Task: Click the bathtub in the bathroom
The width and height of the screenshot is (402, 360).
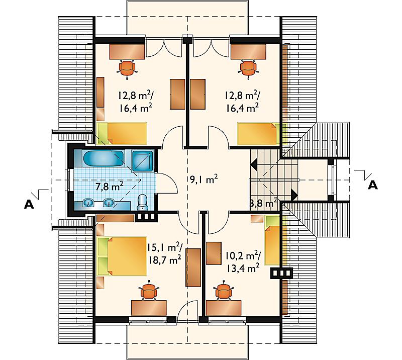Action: pos(104,158)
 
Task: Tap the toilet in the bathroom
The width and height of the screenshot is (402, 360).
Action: pos(143,202)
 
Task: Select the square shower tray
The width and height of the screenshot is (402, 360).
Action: pos(143,160)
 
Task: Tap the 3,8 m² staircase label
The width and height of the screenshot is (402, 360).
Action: pos(263,203)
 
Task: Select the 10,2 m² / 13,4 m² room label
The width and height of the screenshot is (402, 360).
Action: pos(243,261)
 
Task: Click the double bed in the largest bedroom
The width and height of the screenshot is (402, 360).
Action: pos(122,256)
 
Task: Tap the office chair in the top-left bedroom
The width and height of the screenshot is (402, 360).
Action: pos(127,68)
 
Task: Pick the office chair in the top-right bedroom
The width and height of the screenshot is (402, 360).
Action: pos(248,68)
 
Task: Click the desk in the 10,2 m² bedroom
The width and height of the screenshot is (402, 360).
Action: pos(224,308)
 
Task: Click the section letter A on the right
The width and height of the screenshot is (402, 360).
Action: pos(373,185)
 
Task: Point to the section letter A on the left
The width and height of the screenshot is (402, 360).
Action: pos(29,204)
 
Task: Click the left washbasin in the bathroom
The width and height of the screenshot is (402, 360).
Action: pos(88,203)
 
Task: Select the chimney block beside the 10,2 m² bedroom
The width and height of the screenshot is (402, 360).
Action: pos(281,274)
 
